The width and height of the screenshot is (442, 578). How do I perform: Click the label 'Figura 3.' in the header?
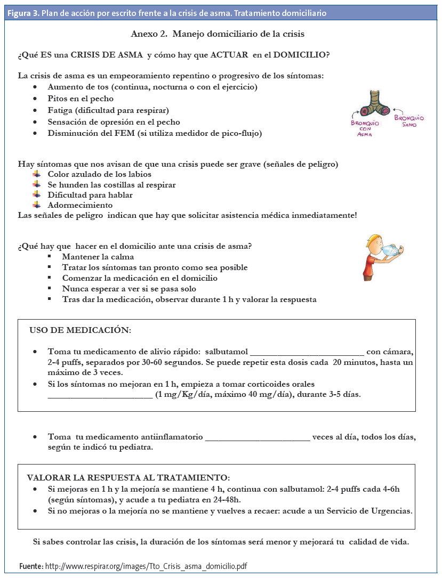[22, 12]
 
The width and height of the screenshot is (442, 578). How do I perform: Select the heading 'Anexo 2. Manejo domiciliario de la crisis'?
[218, 34]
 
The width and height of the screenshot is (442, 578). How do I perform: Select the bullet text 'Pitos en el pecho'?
[81, 99]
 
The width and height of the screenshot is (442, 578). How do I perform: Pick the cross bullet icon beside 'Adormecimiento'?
[36, 205]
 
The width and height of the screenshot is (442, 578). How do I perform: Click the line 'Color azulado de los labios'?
[99, 174]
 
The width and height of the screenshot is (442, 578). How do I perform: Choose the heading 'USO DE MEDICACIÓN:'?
[80, 330]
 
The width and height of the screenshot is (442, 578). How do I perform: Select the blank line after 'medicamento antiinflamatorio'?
[257, 437]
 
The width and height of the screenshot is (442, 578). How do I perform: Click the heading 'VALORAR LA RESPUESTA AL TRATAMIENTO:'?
[128, 478]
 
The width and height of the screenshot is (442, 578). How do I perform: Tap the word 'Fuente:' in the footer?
[31, 566]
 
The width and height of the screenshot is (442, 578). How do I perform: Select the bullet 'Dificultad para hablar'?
[90, 195]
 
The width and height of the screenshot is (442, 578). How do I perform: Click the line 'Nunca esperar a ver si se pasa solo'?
[129, 289]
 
